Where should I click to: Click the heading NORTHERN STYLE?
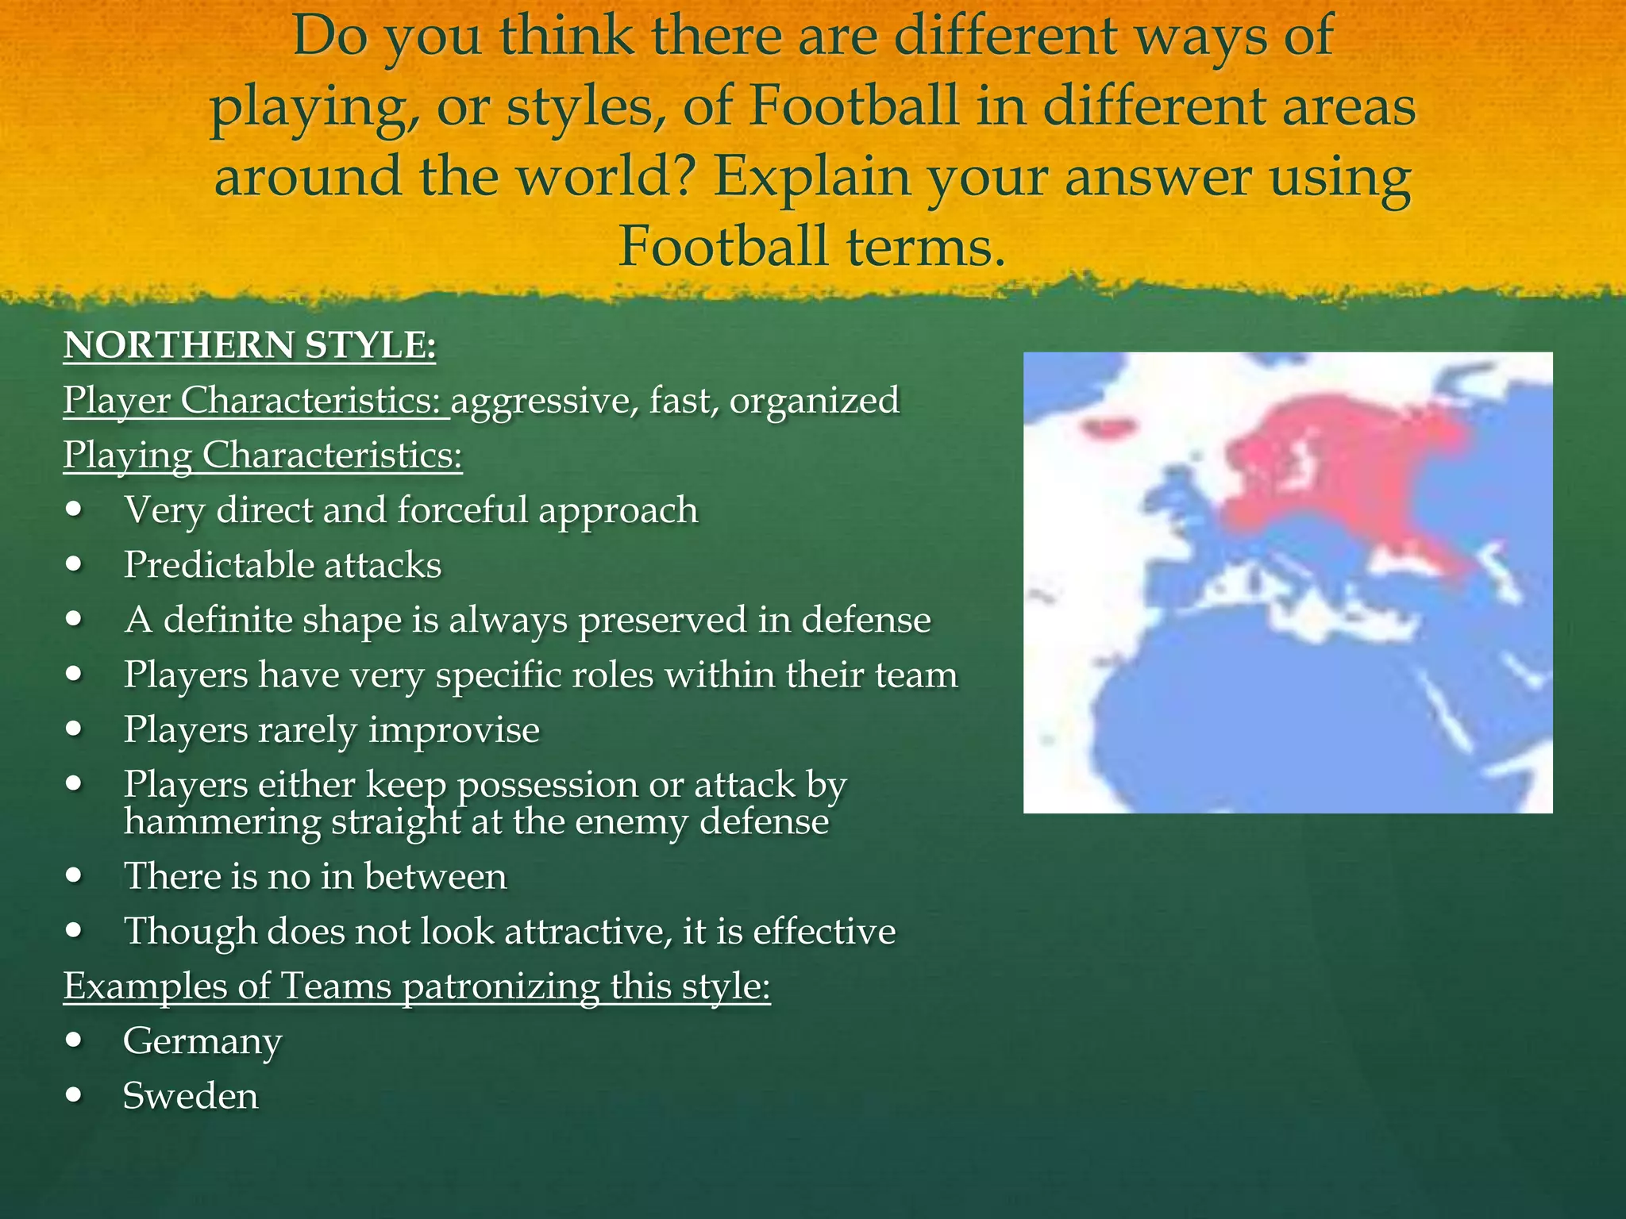[x=249, y=346]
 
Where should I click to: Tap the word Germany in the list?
[x=202, y=1041]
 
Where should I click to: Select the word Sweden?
[x=191, y=1096]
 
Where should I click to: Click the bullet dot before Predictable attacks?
[x=75, y=564]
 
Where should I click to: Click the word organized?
[x=815, y=400]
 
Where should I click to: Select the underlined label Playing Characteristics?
[x=263, y=456]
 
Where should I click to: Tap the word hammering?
[x=222, y=822]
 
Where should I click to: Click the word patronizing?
[x=501, y=986]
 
